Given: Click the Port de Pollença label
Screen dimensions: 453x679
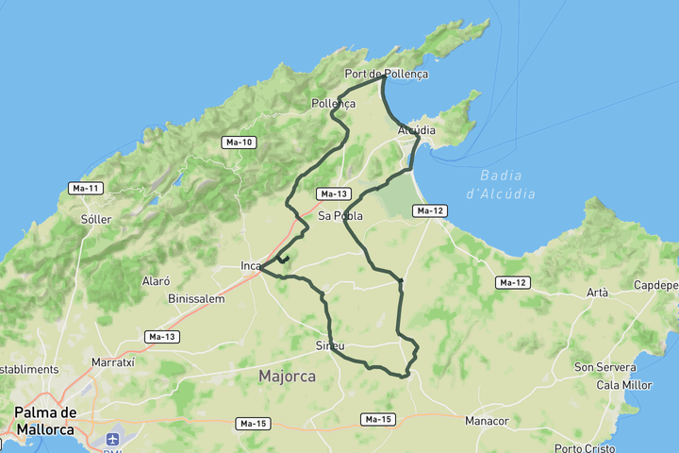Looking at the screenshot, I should [386, 74].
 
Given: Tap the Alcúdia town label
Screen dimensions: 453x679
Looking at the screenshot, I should [416, 129].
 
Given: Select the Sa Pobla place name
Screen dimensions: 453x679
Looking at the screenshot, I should [340, 216].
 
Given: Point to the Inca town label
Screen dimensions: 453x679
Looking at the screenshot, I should [250, 266].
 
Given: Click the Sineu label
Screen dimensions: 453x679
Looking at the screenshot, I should [330, 346].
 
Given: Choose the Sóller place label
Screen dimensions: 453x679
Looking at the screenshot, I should [96, 219].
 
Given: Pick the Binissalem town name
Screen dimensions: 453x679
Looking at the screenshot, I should [196, 299].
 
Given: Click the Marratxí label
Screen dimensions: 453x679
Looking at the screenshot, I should [114, 362].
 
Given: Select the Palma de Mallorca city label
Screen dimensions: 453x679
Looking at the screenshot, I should [45, 421].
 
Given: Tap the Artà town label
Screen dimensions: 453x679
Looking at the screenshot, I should [597, 293].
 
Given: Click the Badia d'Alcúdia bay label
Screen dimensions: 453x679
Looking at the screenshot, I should [507, 184].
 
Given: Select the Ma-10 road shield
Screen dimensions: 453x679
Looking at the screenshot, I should [239, 143].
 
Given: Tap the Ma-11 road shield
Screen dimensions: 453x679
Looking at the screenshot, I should [86, 189].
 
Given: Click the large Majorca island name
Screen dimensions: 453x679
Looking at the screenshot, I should [287, 377].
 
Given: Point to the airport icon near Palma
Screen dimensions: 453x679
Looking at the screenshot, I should [114, 440].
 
